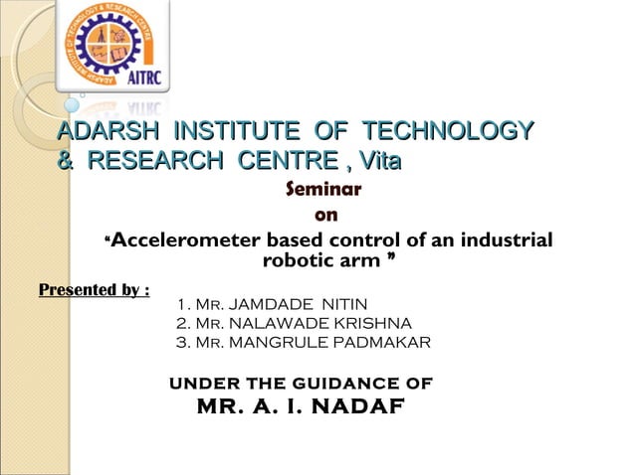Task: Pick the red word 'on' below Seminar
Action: tap(324, 214)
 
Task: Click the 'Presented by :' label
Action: tap(94, 290)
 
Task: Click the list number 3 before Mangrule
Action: tap(179, 343)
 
